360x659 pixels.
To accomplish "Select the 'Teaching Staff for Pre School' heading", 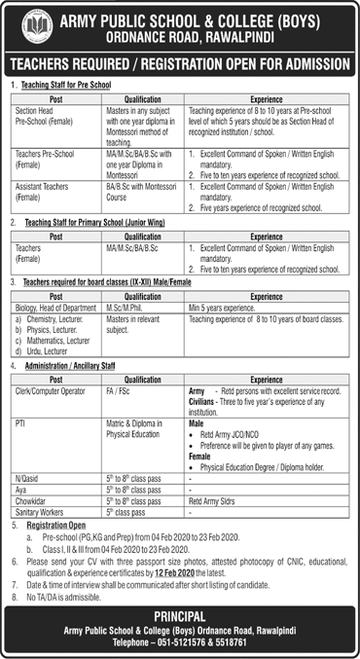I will (x=69, y=86).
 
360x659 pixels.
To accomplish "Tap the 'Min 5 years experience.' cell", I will (x=228, y=307).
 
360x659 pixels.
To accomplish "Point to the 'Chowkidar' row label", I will (x=33, y=503).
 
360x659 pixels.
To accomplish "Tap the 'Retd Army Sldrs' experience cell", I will (x=215, y=503).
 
